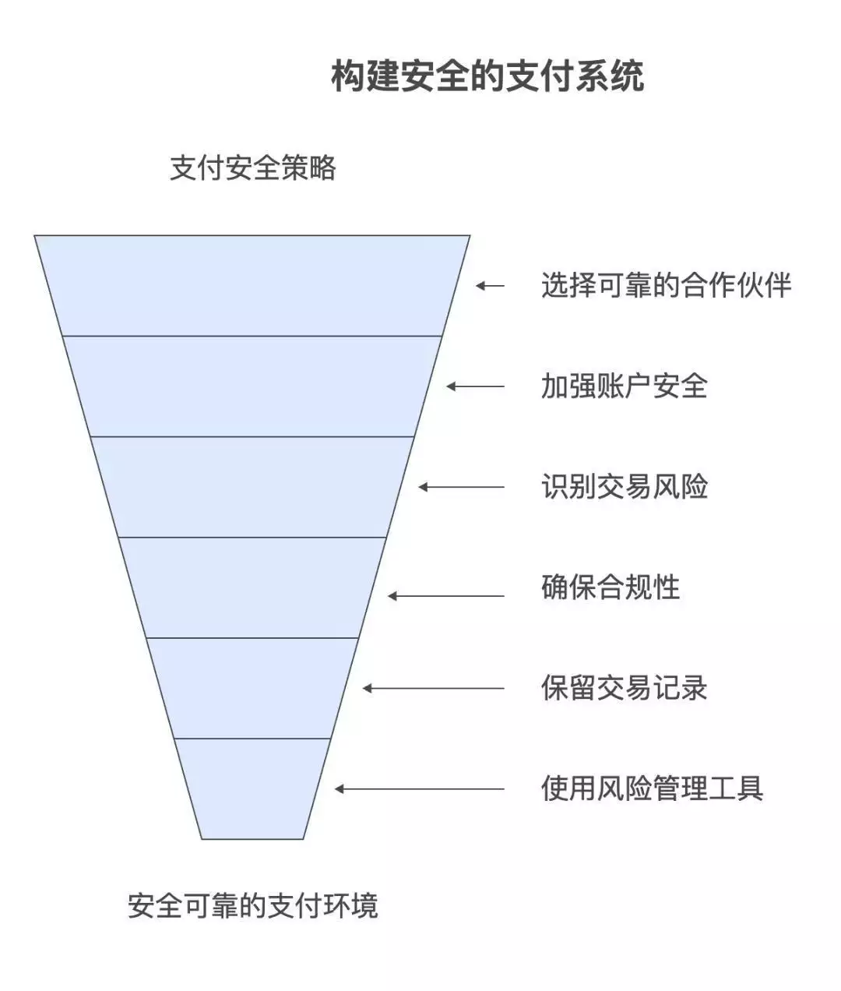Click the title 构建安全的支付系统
point(487,76)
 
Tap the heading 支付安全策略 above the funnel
point(253,168)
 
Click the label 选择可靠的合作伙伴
point(666,285)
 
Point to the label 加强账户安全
point(625,386)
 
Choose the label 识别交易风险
point(625,487)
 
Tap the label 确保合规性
point(611,587)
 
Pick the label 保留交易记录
point(625,688)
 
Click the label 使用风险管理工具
point(653,788)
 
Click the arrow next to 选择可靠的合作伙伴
point(490,286)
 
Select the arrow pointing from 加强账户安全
point(475,386)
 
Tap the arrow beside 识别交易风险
point(462,487)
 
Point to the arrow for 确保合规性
point(446,596)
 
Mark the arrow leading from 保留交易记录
point(434,688)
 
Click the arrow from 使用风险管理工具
point(419,788)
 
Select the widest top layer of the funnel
point(252,286)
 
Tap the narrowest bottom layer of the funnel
point(252,788)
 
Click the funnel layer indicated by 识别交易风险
point(252,487)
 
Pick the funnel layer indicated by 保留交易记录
point(252,688)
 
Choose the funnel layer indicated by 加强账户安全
point(252,386)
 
